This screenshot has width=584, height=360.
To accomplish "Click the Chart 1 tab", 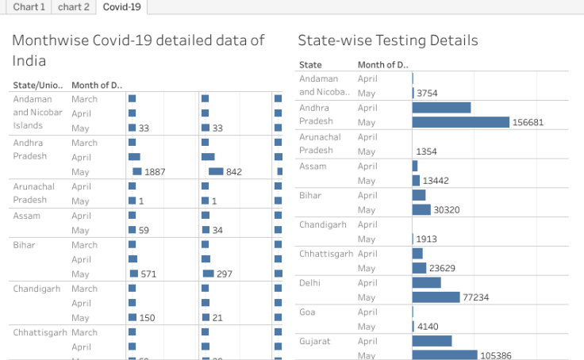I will point(29,7).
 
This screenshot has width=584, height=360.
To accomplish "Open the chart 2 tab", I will point(74,7).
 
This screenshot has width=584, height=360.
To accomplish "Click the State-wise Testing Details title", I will point(388,40).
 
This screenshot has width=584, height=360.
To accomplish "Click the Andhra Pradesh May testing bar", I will point(460,122).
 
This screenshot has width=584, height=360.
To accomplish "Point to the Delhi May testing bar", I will point(436,297).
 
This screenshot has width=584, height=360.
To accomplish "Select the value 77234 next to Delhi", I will point(478,297).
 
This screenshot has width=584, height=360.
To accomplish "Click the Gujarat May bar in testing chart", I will point(444,355).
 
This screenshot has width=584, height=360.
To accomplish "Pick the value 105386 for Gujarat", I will point(498,355).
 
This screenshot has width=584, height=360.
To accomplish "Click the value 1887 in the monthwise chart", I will point(154,172).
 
